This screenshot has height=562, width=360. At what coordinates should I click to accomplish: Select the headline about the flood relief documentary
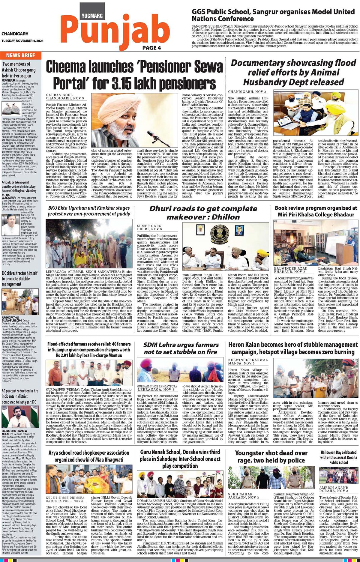click(293, 72)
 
